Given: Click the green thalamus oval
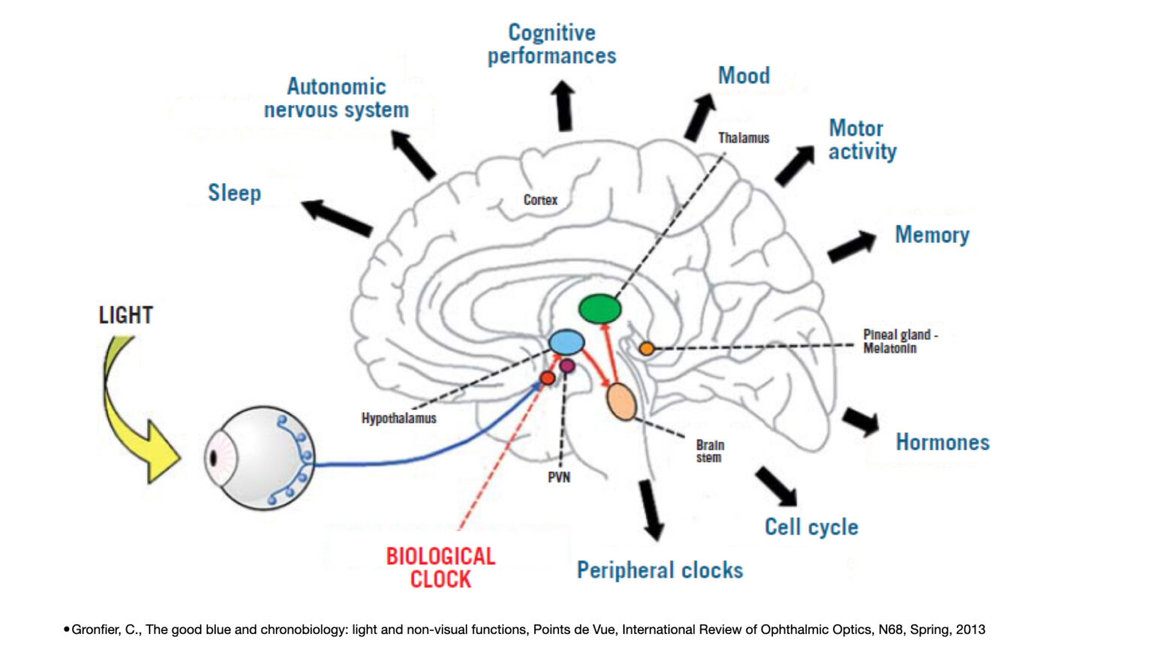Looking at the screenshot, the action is pos(600,309).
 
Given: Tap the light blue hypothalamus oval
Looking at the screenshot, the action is pos(566,342).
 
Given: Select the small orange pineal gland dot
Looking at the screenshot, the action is pos(647,349).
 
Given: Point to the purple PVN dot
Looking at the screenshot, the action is pos(567,366).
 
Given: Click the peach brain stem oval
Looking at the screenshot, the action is pos(621,402).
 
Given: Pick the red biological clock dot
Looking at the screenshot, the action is pos(548,379).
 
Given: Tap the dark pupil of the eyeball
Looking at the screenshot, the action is pos(213,458).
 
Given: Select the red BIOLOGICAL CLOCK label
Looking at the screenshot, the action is pos(441,568).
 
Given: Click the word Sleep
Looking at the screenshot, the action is pos(234,192).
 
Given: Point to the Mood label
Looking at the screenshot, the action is pos(744,76).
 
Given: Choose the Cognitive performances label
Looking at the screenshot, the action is pos(551,44).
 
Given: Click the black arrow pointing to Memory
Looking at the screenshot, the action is pos(852,246).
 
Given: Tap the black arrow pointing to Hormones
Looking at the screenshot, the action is pos(861,421).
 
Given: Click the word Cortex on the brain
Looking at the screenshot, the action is pos(540,200).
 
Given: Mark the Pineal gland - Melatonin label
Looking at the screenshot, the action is pos(901,342).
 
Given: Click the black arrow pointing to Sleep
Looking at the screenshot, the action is pos(337,218).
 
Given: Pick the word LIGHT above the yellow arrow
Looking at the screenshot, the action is pos(125,315).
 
